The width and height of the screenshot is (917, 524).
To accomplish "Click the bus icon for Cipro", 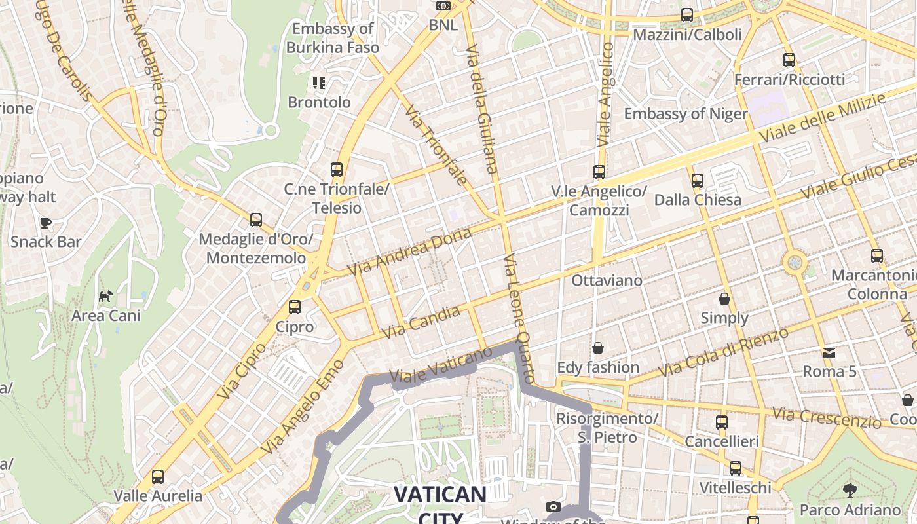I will [295, 307].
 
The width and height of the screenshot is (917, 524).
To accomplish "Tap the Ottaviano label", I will [607, 280].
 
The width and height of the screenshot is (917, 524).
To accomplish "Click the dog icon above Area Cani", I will [105, 296].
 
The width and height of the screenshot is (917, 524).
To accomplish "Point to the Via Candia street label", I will [421, 323].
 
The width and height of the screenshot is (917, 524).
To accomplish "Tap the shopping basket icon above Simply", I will [724, 299].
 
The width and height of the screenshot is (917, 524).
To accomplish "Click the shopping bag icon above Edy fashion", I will [598, 348].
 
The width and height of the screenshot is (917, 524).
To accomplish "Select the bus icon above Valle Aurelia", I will [158, 476].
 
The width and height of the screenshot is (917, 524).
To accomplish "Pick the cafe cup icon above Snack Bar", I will [46, 223].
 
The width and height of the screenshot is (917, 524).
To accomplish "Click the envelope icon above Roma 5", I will [829, 352].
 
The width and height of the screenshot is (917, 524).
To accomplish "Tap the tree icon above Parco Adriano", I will [850, 490].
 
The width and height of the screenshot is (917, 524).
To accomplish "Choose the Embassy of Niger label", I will [685, 114].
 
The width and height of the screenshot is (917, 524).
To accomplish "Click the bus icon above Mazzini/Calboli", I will [687, 14].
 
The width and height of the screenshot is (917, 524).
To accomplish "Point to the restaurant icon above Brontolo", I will [319, 83].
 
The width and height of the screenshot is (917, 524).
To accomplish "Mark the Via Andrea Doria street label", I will [409, 252].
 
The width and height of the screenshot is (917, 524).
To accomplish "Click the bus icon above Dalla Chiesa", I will [698, 180].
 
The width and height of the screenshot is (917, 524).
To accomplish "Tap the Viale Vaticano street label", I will [440, 365].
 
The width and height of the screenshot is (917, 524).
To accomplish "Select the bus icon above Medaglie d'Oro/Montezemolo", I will [256, 220].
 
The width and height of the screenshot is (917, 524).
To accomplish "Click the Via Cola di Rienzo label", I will [723, 352].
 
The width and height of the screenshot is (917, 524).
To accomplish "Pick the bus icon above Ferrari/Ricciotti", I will [789, 60].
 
